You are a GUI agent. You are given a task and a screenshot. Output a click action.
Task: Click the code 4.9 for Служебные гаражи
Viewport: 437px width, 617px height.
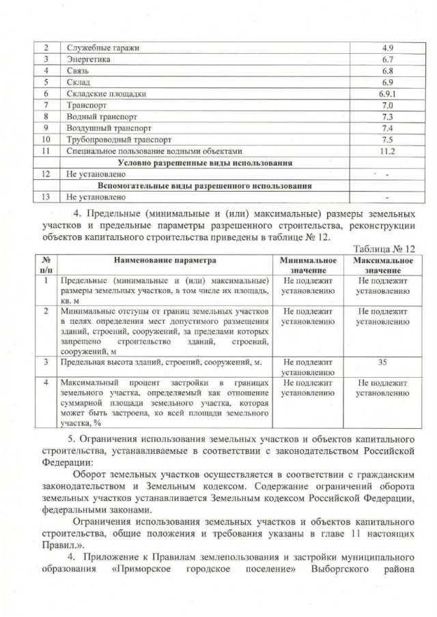[386, 48]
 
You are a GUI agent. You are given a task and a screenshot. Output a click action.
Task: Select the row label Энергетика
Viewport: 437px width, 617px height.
[89, 59]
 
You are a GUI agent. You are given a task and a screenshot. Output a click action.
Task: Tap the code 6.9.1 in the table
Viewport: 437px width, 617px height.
[386, 93]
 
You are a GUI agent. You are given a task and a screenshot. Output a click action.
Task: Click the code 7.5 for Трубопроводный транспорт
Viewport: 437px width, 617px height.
[386, 138]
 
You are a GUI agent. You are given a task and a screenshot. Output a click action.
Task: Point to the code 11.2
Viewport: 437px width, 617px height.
[386, 150]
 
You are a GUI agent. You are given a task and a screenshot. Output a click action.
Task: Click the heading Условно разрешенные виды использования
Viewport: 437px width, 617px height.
[206, 162]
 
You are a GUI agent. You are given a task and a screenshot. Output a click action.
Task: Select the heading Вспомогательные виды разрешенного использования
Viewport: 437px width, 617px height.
[206, 185]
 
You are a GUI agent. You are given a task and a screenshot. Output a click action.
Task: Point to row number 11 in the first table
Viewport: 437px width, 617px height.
[46, 150]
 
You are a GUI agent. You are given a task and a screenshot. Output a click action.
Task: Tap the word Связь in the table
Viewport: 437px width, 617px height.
[79, 70]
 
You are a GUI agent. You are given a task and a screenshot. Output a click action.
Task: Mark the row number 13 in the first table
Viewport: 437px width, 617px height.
[46, 197]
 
